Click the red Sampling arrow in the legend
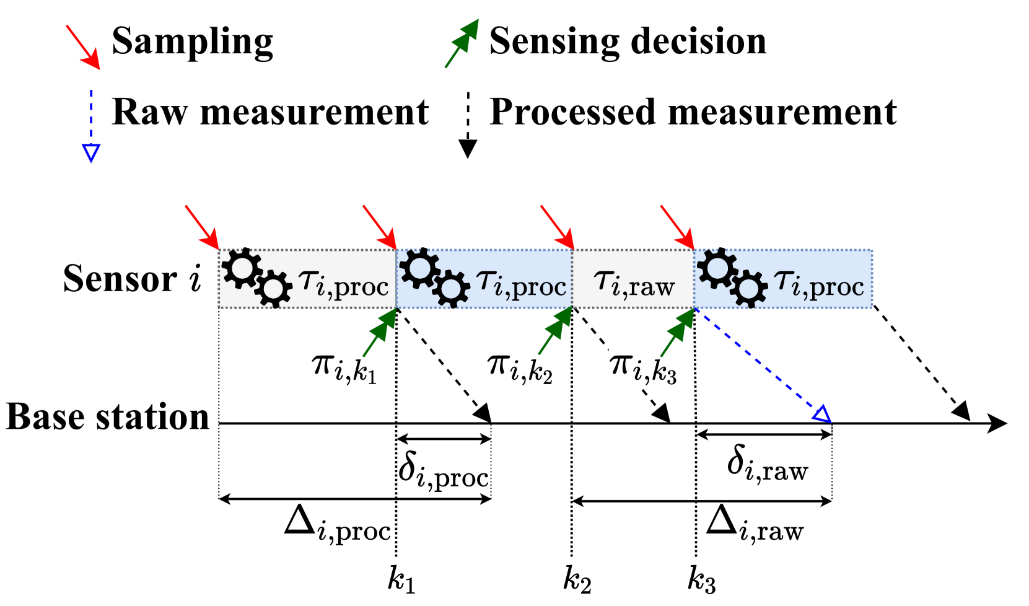(x=83, y=47)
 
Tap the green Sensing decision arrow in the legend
(x=462, y=43)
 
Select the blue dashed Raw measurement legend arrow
(x=91, y=126)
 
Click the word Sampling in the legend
(x=192, y=42)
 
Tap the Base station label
(x=108, y=416)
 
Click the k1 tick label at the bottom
(x=401, y=580)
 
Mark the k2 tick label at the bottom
(x=577, y=580)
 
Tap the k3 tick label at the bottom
(x=701, y=580)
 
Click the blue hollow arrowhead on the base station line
(x=822, y=414)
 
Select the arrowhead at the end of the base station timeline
(x=997, y=424)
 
